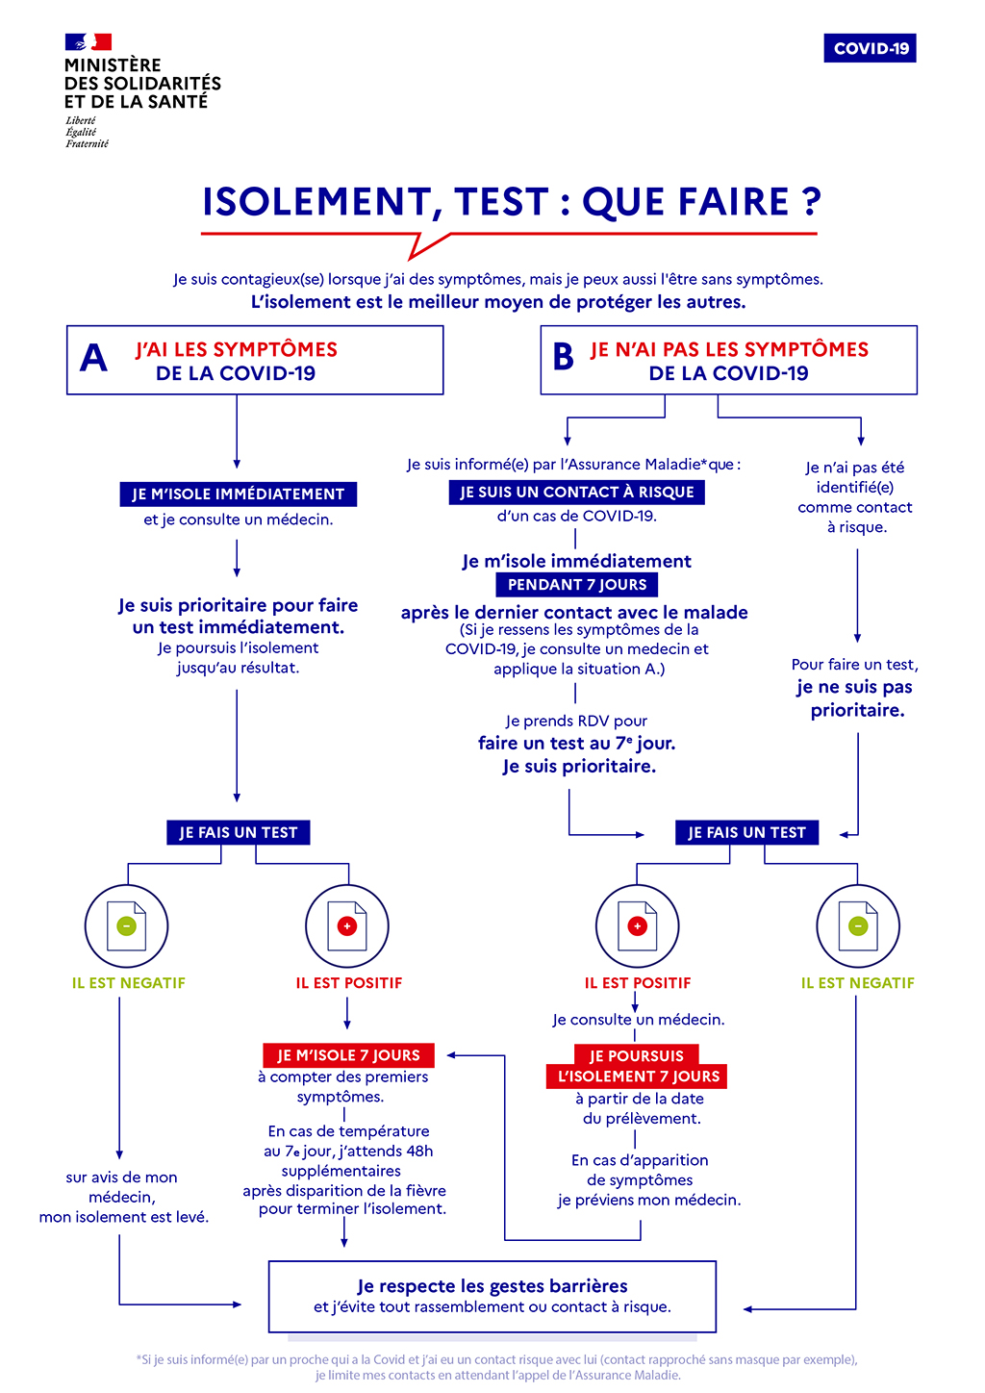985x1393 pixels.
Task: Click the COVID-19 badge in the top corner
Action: point(870,48)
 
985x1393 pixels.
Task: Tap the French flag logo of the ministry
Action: point(88,42)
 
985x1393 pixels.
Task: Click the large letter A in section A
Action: point(93,359)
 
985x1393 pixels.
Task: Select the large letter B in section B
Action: point(563,358)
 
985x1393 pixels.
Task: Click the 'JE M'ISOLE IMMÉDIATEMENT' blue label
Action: point(238,494)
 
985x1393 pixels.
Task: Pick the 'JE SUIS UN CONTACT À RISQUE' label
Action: point(576,493)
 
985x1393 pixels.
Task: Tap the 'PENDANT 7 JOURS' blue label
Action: point(577,585)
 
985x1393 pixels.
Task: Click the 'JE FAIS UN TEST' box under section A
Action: point(239,833)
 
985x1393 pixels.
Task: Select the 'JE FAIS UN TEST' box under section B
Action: point(746,833)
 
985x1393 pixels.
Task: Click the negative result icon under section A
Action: point(126,926)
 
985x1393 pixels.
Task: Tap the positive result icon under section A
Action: point(347,926)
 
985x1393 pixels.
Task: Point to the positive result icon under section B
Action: point(637,926)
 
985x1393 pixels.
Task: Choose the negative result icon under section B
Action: point(858,926)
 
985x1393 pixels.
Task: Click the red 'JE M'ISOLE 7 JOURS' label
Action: point(348,1055)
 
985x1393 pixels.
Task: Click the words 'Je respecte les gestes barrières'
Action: point(492,1286)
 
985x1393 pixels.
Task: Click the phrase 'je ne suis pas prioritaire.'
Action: point(855,698)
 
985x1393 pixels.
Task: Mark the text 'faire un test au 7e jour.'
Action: point(576,744)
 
